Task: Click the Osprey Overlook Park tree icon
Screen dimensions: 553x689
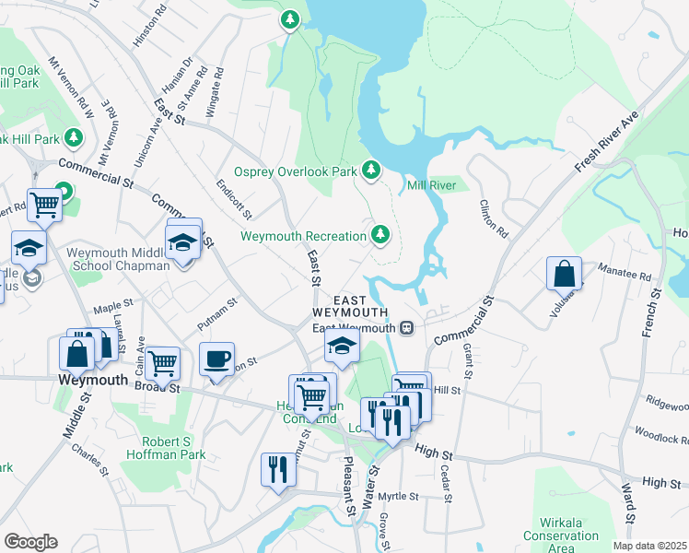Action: point(370,170)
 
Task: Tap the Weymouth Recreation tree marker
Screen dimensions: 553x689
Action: point(380,235)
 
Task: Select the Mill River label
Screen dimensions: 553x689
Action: point(432,185)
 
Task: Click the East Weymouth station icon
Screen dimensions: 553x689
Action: point(405,328)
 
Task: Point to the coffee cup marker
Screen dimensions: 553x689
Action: point(216,359)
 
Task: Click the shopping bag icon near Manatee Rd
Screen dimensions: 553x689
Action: point(564,274)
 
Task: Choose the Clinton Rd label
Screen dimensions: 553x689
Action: point(494,218)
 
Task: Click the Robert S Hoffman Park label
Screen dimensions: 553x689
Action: point(167,447)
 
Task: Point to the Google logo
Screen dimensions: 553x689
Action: point(30,542)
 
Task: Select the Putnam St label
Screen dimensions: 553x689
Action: point(217,313)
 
